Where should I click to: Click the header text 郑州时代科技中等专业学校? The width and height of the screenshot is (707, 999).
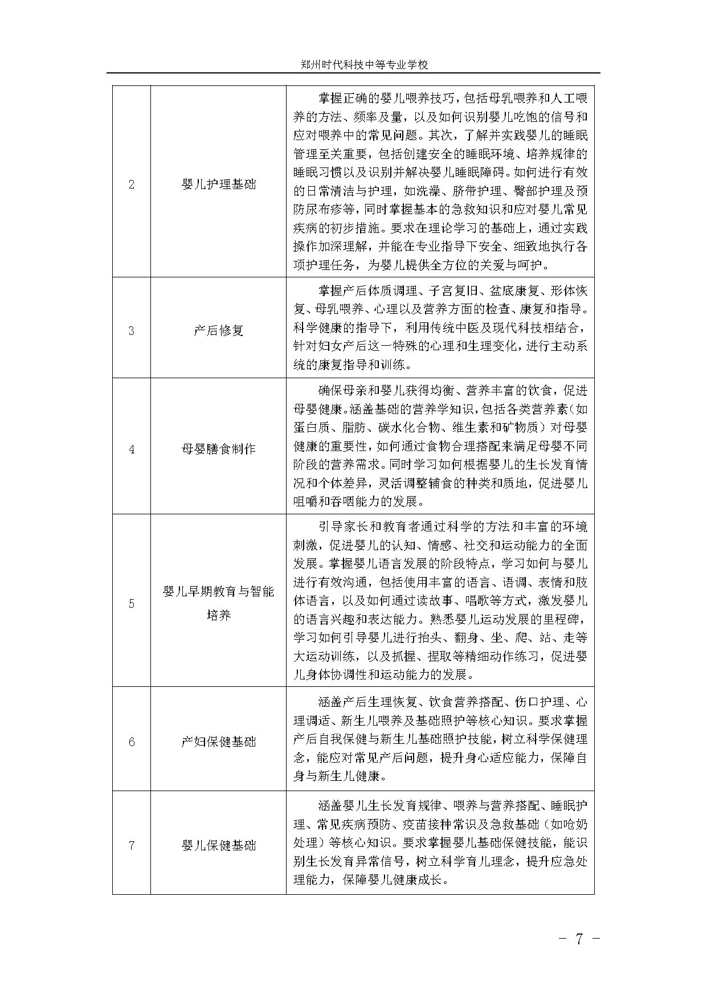pos(364,65)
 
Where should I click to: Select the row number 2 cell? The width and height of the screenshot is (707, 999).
pos(132,185)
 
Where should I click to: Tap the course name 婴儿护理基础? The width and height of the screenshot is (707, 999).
pos(218,185)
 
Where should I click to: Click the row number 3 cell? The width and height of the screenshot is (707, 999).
pos(132,330)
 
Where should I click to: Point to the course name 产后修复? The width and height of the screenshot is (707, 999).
pos(218,330)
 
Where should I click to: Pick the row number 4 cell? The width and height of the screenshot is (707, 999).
pos(132,449)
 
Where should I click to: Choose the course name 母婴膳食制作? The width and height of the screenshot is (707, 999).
pos(218,449)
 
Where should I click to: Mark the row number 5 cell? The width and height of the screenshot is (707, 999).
pos(132,604)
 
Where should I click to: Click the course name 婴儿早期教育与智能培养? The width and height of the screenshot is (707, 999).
pos(218,604)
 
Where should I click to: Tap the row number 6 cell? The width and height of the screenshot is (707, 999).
pos(132,742)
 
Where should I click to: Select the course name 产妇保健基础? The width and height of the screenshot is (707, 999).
pos(218,742)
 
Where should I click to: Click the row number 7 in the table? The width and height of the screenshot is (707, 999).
pos(132,845)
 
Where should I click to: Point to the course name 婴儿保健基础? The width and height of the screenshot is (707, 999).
pos(218,845)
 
